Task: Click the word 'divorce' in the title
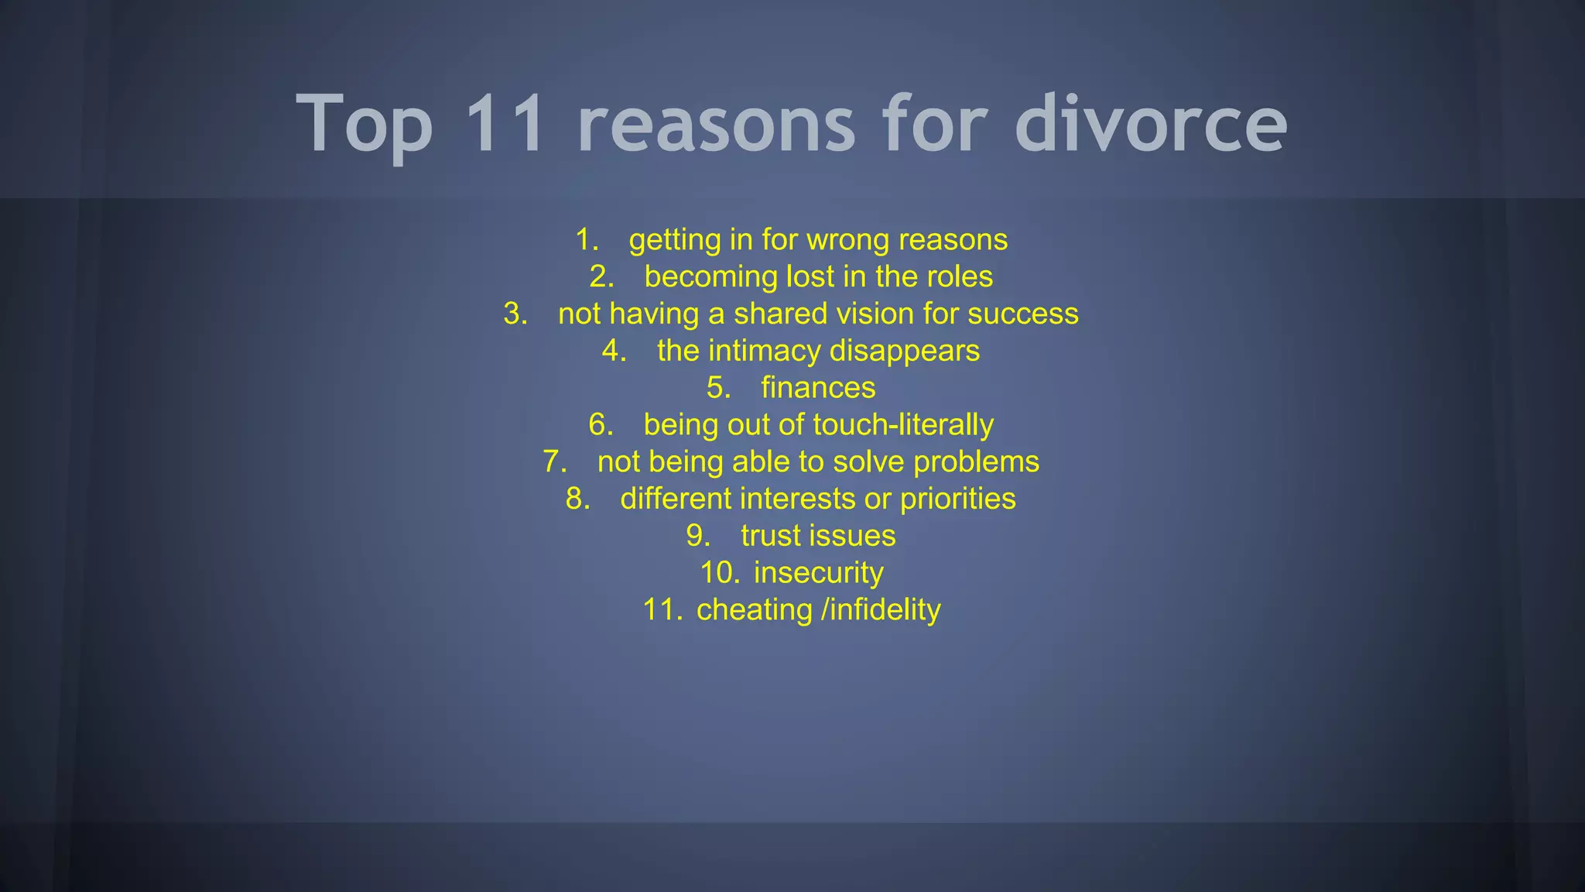tap(1151, 124)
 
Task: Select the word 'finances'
tap(818, 387)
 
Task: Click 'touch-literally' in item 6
tap(903, 424)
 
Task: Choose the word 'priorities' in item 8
tap(957, 499)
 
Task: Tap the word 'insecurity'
tap(818, 573)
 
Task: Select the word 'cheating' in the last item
tap(755, 610)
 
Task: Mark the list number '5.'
tap(718, 387)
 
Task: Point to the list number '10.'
tap(720, 573)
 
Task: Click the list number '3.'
tap(515, 314)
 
